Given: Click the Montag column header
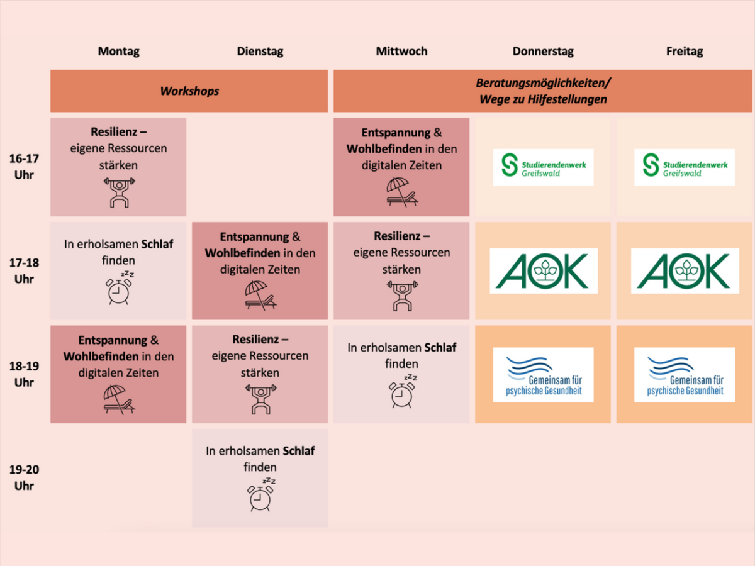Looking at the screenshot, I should coord(118,52).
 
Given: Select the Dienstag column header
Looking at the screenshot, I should coord(260,52).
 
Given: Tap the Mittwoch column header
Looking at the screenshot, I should coord(401,52).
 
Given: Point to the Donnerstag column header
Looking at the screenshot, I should coord(543,52).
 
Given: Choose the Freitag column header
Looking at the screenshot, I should coord(685,52).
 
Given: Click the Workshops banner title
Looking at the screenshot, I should coord(189,91).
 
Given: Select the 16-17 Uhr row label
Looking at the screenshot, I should coord(25,167).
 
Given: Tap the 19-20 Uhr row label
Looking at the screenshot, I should coord(25,478).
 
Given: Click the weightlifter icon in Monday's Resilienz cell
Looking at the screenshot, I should coord(118,192).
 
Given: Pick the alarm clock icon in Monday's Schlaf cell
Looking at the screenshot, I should coord(120,289).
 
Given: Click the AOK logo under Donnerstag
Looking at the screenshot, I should coord(544,270).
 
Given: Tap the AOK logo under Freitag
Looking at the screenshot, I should coord(685,270).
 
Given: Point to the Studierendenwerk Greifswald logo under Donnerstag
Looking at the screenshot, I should coord(543,167).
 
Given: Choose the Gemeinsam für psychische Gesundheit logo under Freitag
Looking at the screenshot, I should coord(685,375).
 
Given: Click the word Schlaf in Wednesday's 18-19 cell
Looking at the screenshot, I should coord(440,347).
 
